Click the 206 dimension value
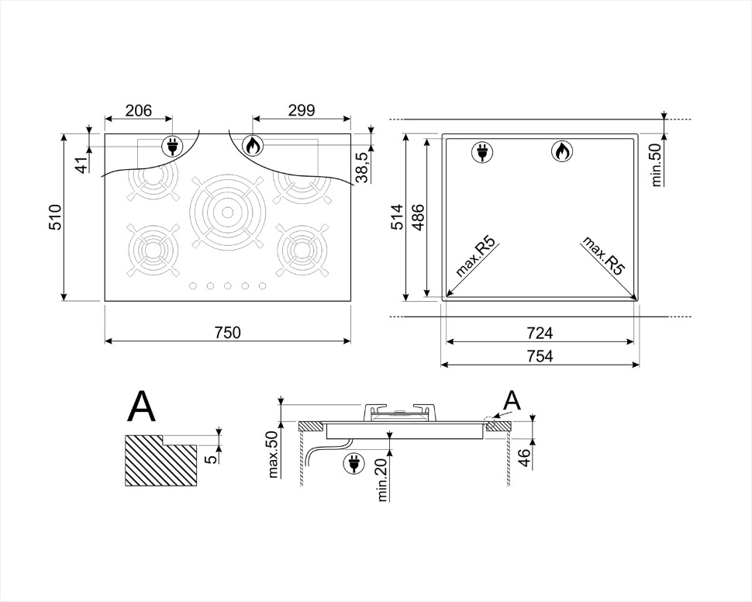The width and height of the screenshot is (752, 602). (x=138, y=110)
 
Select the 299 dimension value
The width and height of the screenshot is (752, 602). (x=302, y=110)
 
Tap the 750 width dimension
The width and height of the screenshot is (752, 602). (x=227, y=332)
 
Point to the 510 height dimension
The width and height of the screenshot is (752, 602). (x=56, y=217)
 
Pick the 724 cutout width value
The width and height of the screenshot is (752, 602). (x=540, y=332)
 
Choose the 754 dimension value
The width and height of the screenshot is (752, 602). (x=540, y=356)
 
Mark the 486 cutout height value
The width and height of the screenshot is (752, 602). (x=418, y=217)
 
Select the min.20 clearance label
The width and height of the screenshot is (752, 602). (x=382, y=479)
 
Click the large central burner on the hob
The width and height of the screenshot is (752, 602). (x=227, y=212)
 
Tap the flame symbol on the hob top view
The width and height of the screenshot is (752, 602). (x=253, y=145)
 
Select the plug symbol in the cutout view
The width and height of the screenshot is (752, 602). (x=482, y=152)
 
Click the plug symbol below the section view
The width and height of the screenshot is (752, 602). (x=354, y=463)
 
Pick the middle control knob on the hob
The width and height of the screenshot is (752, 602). (x=228, y=285)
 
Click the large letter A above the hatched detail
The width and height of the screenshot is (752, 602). (x=142, y=407)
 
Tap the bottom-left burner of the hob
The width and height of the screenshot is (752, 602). (x=154, y=250)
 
